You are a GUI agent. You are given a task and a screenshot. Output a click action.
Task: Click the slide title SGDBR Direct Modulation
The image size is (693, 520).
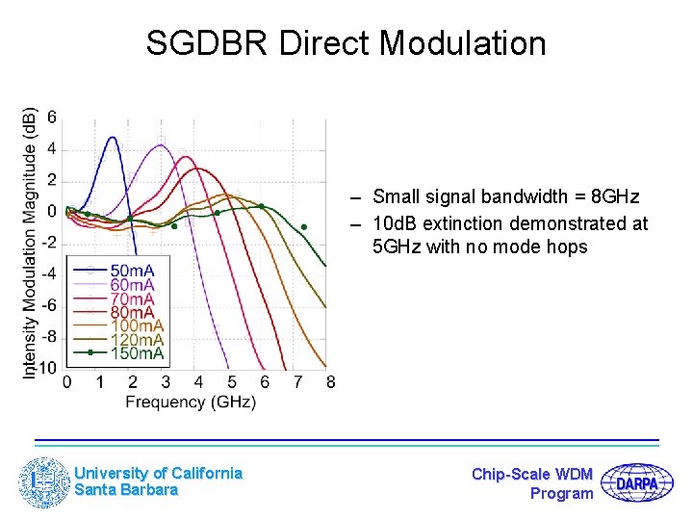pyautogui.click(x=346, y=43)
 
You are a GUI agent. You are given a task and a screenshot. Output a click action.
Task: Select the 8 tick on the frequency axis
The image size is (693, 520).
pyautogui.click(x=330, y=382)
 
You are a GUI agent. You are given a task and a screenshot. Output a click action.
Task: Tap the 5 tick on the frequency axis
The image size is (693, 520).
pyautogui.click(x=231, y=382)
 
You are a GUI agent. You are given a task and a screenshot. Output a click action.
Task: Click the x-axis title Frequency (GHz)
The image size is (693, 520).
pyautogui.click(x=191, y=402)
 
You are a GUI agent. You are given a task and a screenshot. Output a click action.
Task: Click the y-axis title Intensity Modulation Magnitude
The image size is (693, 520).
pyautogui.click(x=29, y=241)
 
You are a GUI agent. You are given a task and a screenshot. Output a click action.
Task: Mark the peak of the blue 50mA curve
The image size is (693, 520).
pyautogui.click(x=114, y=137)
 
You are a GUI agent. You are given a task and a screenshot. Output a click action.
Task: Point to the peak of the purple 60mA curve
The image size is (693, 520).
pyautogui.click(x=161, y=145)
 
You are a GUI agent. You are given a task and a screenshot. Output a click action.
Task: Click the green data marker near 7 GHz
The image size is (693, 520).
pyautogui.click(x=303, y=227)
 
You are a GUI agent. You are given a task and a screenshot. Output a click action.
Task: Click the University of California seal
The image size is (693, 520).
pyautogui.click(x=44, y=481)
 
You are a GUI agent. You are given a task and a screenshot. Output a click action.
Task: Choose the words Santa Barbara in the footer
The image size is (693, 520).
pyautogui.click(x=126, y=490)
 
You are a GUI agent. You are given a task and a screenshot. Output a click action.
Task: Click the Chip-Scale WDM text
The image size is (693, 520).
pyautogui.click(x=532, y=474)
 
